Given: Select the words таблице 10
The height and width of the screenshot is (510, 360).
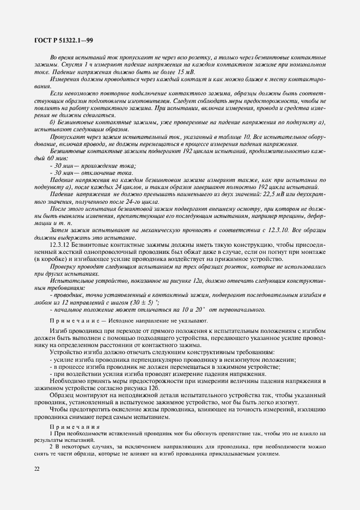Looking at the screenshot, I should coord(220,137).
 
